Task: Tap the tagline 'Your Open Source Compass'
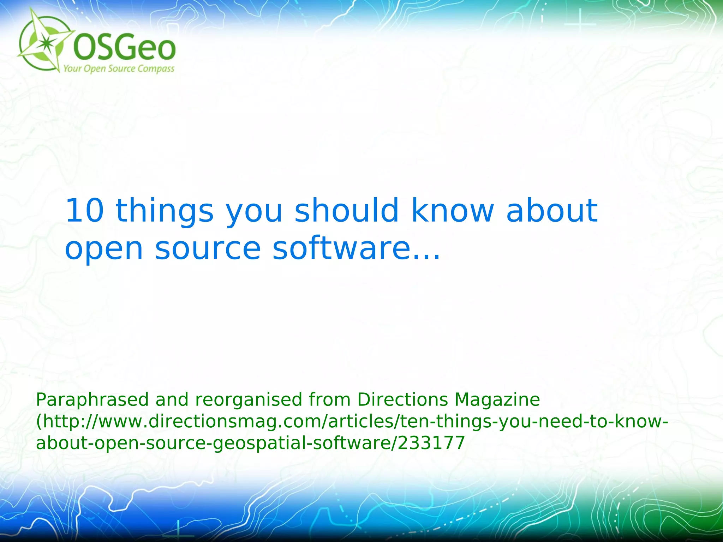pos(119,68)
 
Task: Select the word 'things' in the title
pos(165,212)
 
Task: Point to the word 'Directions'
pos(402,400)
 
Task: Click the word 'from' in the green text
pos(329,400)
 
